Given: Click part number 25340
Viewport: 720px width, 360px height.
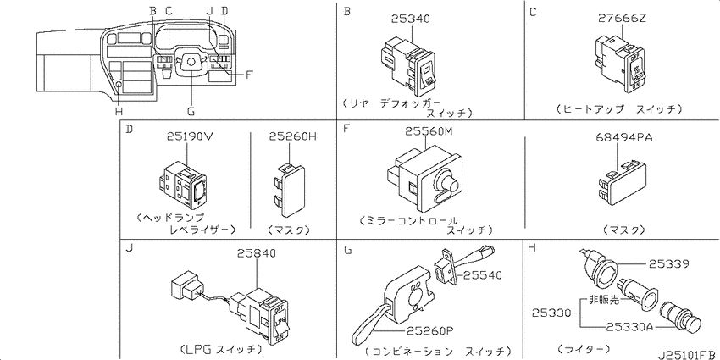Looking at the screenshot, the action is (x=411, y=19).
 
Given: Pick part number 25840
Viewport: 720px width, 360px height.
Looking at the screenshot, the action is (x=257, y=253).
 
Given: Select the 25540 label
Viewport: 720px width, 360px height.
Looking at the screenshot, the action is (x=482, y=275).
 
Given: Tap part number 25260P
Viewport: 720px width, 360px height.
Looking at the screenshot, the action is (x=429, y=330).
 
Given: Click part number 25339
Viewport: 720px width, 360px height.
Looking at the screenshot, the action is (x=668, y=264).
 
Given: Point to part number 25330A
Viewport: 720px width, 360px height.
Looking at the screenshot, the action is (x=630, y=326).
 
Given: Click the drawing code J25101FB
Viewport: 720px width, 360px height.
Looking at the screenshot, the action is (x=688, y=355).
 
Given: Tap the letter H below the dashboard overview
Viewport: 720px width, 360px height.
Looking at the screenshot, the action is (x=119, y=112).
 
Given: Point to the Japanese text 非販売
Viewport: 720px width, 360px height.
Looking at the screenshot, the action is (x=604, y=301).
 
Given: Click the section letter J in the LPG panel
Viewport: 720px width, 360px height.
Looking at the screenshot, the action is (x=129, y=248).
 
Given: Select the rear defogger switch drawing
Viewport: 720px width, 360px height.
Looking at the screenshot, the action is (x=407, y=64).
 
